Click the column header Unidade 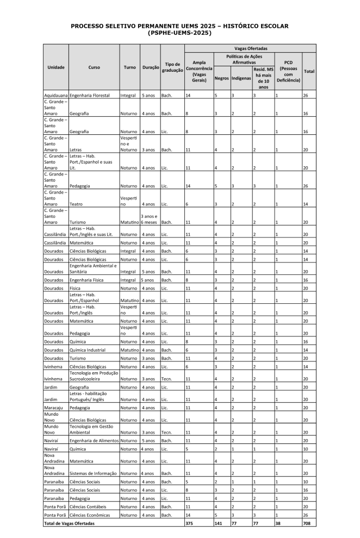55,67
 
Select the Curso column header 94,67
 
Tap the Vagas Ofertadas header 250,48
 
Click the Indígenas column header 241,78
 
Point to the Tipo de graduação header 172,67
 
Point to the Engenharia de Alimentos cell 94,441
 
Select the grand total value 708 308,523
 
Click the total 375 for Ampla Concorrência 190,523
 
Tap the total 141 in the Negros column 219,523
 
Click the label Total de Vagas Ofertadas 69,523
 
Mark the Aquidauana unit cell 56,96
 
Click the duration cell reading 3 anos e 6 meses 150,220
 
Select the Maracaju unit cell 54,406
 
